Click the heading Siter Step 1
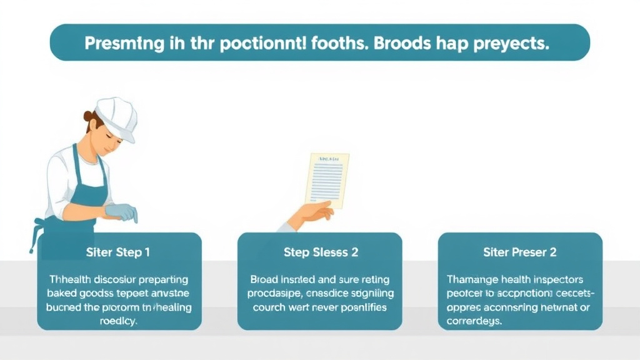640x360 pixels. coord(119,252)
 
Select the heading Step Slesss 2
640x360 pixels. coord(320,252)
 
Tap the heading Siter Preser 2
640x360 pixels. coord(520,252)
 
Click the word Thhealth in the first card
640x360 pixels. coord(70,279)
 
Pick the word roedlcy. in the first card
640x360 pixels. coord(119,321)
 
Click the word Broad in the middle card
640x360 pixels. coord(265,279)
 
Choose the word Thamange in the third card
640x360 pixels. coord(472,279)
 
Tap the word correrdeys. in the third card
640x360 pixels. coord(475,321)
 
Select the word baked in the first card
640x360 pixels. coord(63,293)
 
